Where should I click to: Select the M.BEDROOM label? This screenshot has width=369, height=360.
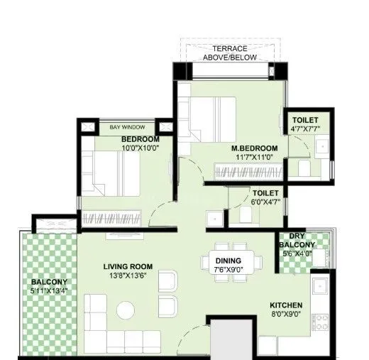(253, 148)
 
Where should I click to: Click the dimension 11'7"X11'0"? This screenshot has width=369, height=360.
(253, 158)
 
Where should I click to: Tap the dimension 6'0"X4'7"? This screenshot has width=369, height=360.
(265, 202)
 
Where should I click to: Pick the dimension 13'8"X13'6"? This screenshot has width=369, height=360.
(128, 276)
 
